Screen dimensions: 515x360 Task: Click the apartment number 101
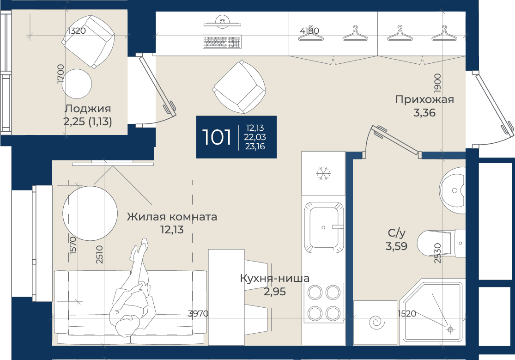tap(217, 137)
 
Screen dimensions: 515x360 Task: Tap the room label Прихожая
tap(424, 99)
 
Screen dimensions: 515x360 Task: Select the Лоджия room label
tap(87, 109)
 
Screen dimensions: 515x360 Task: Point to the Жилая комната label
tap(172, 217)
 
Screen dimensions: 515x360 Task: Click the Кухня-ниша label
tap(274, 279)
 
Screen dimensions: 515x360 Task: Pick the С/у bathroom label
tap(396, 233)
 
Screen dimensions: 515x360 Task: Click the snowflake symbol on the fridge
tap(323, 173)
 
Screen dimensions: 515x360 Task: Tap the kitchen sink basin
tap(323, 227)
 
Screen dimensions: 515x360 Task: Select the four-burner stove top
tap(323, 303)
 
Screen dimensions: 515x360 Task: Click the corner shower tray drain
tap(450, 329)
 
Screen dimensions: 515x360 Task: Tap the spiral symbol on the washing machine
tap(377, 323)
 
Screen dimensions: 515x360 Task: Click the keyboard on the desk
tap(222, 42)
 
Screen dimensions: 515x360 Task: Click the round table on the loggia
tap(77, 84)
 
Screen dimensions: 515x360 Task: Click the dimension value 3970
tap(198, 314)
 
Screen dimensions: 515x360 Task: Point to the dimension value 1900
tap(437, 83)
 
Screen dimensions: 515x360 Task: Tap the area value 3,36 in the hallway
tap(424, 113)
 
